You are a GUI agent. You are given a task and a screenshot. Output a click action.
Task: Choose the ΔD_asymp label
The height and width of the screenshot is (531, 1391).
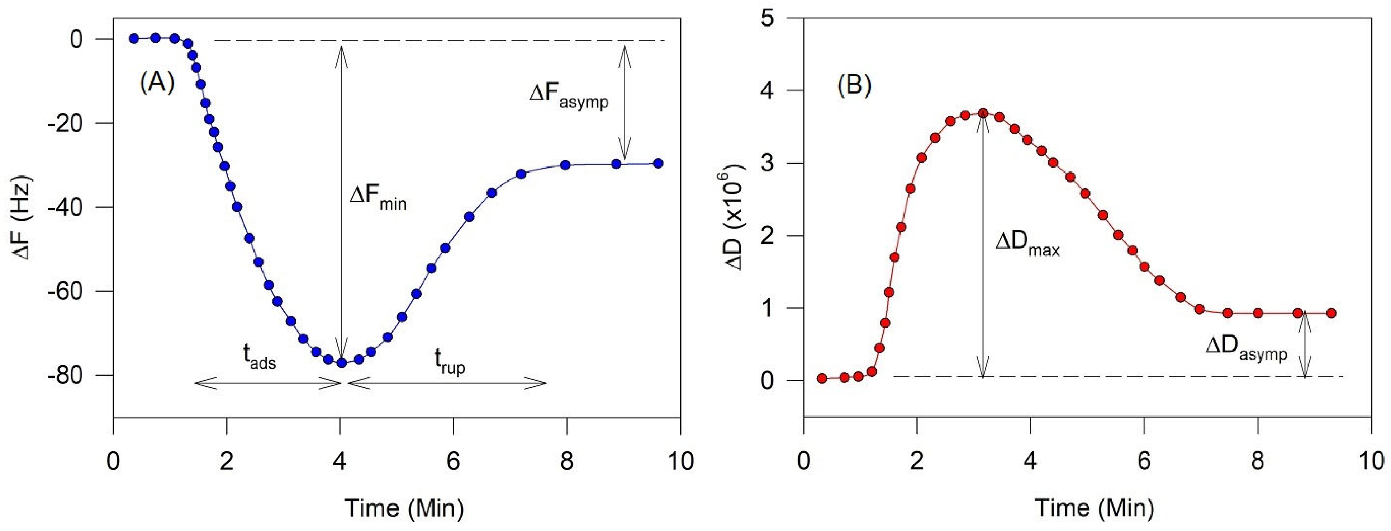tap(1246, 348)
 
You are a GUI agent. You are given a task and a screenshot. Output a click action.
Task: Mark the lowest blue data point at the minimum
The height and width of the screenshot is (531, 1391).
tap(341, 363)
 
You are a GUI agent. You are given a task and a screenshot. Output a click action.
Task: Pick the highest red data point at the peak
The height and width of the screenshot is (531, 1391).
tap(983, 113)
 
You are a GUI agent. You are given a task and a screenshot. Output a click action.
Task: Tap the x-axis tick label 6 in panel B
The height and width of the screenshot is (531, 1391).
tap(1144, 461)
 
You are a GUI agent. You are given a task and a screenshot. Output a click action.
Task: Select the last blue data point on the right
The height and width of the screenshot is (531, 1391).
tap(658, 163)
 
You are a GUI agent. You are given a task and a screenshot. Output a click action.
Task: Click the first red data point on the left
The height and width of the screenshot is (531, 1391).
tap(822, 379)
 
